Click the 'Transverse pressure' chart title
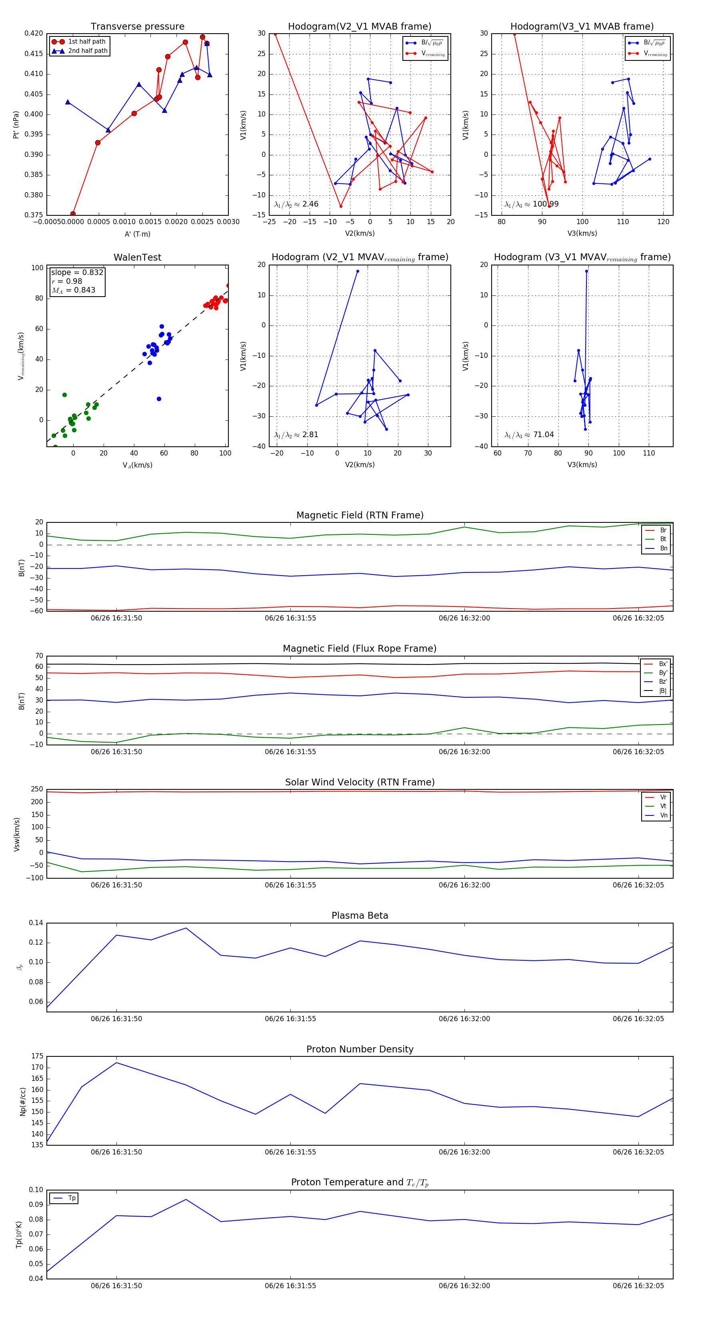click(137, 27)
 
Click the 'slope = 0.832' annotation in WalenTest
click(77, 272)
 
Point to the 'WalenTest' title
click(137, 257)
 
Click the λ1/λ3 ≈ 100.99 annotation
click(532, 204)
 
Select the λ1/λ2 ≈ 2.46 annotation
click(296, 204)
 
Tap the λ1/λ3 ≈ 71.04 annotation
click(529, 435)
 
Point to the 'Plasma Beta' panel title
click(360, 916)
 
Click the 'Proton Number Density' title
click(360, 1049)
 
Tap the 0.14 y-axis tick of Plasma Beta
click(36, 923)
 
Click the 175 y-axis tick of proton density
click(37, 1056)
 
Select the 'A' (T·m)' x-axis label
click(137, 234)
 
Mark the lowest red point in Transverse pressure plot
click(73, 214)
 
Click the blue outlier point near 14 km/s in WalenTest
click(159, 399)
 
